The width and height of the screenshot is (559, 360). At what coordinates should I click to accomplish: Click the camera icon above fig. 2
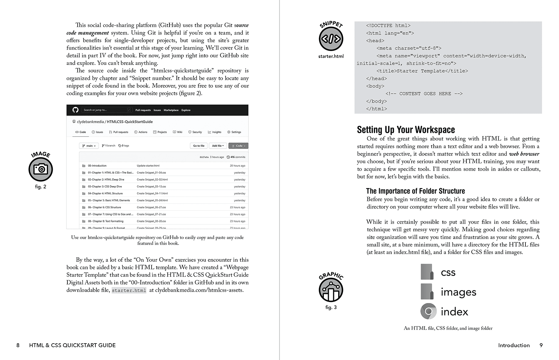click(41, 169)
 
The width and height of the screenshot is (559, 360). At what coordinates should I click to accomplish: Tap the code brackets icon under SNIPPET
click(331, 39)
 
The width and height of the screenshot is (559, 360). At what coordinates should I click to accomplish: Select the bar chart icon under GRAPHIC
click(331, 290)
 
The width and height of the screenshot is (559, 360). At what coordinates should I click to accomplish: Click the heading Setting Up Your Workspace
click(406, 130)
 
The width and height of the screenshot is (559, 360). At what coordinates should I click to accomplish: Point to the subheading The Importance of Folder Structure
click(415, 191)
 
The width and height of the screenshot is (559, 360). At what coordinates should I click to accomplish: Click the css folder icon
click(427, 272)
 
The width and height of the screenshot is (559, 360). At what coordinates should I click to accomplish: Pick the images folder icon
click(427, 291)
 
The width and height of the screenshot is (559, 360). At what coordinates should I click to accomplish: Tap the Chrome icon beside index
click(428, 311)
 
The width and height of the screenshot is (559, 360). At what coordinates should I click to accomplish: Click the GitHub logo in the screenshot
click(75, 110)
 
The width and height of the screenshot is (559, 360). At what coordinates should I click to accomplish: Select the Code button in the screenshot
click(238, 146)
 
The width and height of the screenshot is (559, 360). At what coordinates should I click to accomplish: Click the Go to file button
click(199, 146)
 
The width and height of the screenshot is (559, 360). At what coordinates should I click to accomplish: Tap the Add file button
click(218, 146)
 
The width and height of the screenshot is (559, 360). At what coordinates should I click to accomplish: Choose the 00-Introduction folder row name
click(97, 166)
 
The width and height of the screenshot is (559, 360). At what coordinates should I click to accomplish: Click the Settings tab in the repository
click(234, 132)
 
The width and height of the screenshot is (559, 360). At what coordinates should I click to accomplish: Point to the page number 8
click(18, 345)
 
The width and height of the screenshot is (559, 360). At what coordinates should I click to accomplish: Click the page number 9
click(541, 345)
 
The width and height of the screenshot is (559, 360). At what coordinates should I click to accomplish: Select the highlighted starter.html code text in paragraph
click(129, 290)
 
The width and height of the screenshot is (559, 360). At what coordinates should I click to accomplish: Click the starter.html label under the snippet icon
click(331, 56)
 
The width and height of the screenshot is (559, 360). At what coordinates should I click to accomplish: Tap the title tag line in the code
click(422, 71)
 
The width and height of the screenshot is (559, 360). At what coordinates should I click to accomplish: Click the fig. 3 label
click(331, 307)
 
